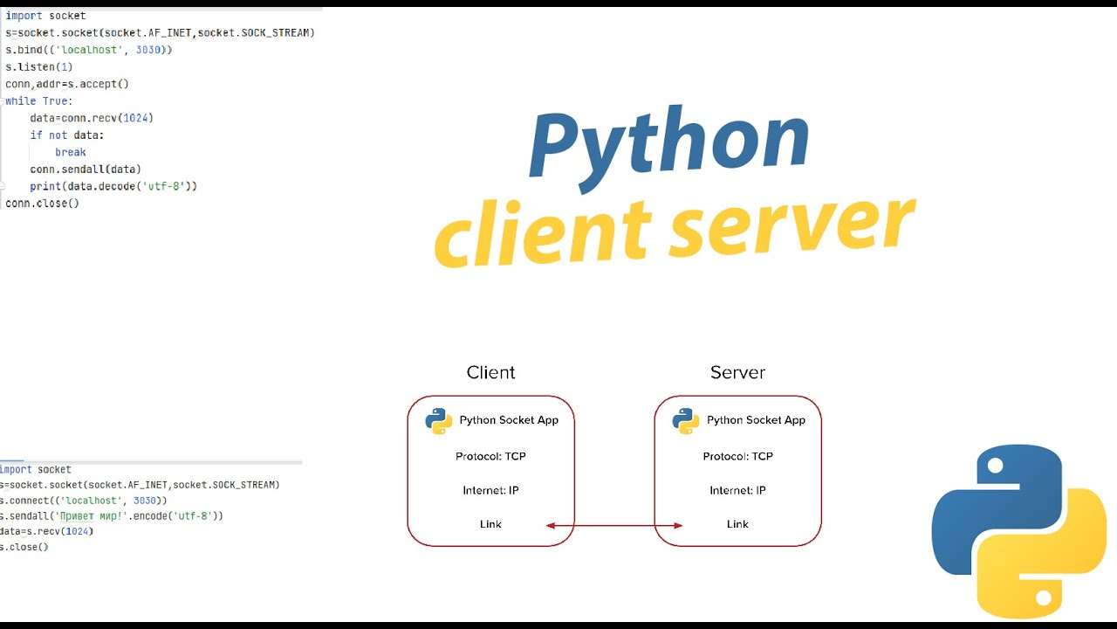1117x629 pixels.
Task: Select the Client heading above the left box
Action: pyautogui.click(x=490, y=372)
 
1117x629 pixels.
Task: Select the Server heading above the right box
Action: pyautogui.click(x=737, y=372)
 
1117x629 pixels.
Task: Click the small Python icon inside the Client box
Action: pyautogui.click(x=438, y=420)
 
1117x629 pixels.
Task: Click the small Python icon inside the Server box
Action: pyautogui.click(x=685, y=420)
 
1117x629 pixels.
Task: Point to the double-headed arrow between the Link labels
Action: pyautogui.click(x=614, y=525)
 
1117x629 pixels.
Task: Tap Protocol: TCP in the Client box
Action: pyautogui.click(x=490, y=456)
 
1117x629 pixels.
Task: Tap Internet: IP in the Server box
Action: pyautogui.click(x=737, y=490)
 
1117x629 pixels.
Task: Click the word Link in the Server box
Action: pyautogui.click(x=737, y=524)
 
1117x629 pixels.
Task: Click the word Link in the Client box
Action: pyautogui.click(x=490, y=524)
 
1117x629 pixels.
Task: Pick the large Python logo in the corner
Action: pyautogui.click(x=1018, y=531)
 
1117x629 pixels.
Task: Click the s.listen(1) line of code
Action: pyautogui.click(x=39, y=66)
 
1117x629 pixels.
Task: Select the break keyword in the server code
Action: pyautogui.click(x=70, y=152)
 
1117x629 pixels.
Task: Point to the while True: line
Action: pyautogui.click(x=39, y=101)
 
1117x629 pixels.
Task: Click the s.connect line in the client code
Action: pyautogui.click(x=84, y=501)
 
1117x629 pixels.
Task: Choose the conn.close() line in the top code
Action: pyautogui.click(x=42, y=203)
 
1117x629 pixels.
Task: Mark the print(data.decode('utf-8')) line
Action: pyautogui.click(x=113, y=186)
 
